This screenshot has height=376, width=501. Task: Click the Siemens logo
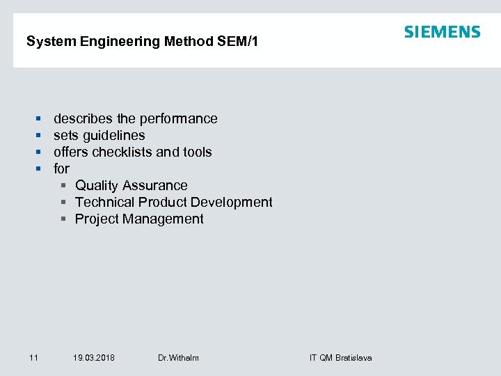[x=442, y=32]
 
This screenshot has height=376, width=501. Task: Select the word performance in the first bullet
[x=180, y=119]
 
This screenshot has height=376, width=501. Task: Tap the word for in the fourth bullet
[x=61, y=169]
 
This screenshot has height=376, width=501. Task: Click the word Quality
[x=97, y=186]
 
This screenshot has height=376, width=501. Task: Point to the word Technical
[x=104, y=203]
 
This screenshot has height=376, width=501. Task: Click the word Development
[x=232, y=203]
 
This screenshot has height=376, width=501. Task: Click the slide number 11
[x=33, y=358]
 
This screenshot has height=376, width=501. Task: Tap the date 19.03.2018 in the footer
[x=94, y=358]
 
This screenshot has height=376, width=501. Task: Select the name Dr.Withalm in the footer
[x=178, y=358]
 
